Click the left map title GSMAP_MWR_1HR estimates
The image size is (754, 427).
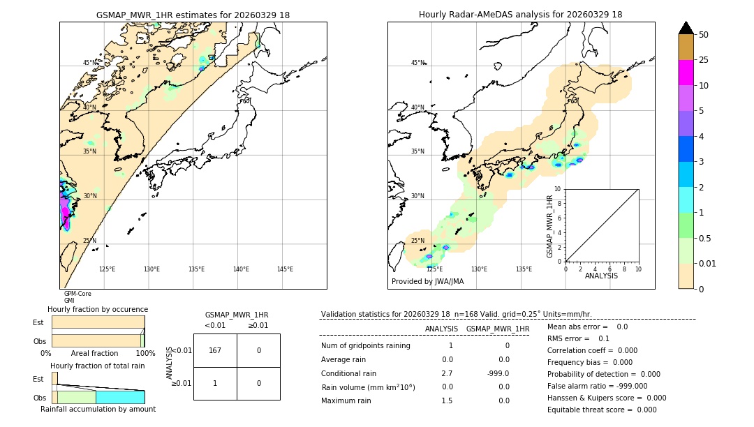pos(193,15)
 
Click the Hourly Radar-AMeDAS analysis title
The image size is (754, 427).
pos(520,15)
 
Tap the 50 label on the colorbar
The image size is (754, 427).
pos(703,35)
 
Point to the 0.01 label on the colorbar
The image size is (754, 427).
pos(708,263)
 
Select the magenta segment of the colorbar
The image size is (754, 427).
pos(686,73)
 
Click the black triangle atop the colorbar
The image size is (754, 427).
pos(686,28)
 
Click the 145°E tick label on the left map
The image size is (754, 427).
pos(285,269)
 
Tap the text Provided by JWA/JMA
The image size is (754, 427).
pos(427,281)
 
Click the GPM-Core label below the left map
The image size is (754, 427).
pos(77,294)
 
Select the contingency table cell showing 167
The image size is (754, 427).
pos(215,350)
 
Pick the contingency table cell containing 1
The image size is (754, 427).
pos(215,383)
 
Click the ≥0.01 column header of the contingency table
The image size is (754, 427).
pos(258,325)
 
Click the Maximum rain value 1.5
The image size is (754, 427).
pos(447,400)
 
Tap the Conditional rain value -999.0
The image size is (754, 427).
pos(498,373)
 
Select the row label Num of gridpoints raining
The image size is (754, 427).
pos(365,346)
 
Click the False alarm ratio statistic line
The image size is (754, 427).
pos(597,386)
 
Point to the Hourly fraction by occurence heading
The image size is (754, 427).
pos(98,309)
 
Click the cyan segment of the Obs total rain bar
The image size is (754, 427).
pos(120,397)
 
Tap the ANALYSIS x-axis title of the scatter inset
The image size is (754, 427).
pos(601,276)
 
